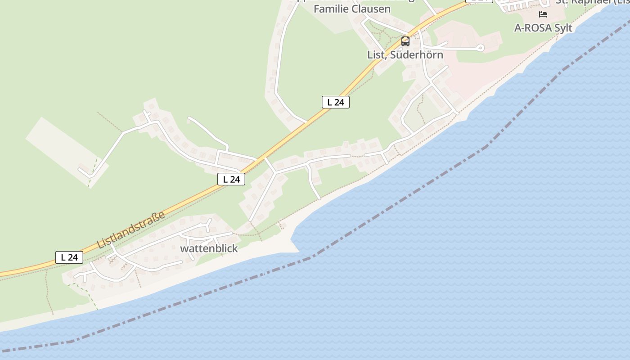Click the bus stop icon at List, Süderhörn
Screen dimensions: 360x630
(x=405, y=41)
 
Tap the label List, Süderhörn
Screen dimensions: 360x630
(x=405, y=55)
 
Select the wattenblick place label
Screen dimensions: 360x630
(x=209, y=248)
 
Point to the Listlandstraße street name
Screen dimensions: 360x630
(x=131, y=230)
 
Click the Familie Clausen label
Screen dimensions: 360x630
(x=352, y=9)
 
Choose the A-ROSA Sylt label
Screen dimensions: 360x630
(x=543, y=28)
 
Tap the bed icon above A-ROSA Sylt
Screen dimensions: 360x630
(x=543, y=14)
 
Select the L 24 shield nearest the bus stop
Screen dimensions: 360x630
(x=335, y=102)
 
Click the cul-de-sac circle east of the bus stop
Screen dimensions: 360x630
(x=480, y=47)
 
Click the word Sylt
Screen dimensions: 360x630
(x=563, y=28)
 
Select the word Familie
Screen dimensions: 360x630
(x=330, y=9)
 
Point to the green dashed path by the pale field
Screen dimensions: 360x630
(x=93, y=171)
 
